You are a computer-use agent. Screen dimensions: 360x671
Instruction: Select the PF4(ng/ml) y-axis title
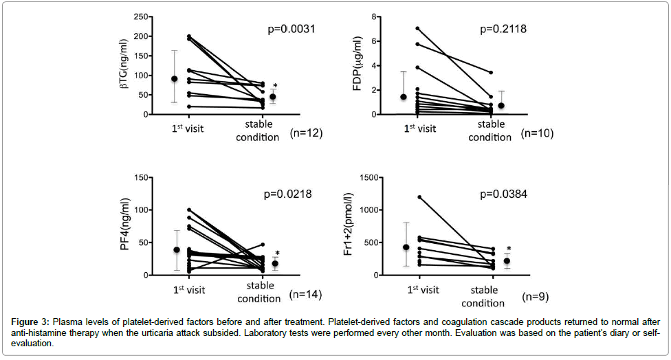[x=126, y=227]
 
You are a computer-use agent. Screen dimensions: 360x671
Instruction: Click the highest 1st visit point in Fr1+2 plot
[x=419, y=197]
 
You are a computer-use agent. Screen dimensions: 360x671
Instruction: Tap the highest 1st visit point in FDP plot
[x=417, y=28]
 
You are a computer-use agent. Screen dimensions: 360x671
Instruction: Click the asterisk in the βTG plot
[x=275, y=87]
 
